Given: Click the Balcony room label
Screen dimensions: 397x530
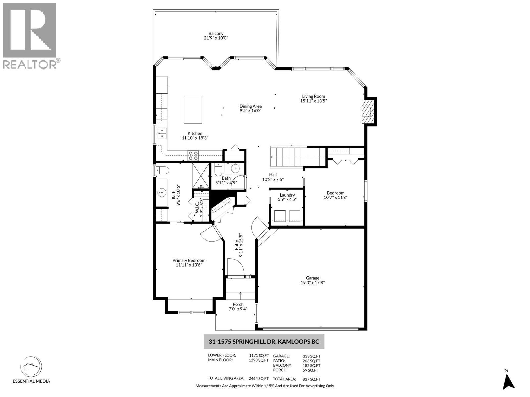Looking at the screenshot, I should (216, 33).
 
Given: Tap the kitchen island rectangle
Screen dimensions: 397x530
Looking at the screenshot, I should (193, 110).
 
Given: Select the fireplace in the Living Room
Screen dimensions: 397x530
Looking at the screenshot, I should (367, 111).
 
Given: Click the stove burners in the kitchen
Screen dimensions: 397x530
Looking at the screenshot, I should (193, 155).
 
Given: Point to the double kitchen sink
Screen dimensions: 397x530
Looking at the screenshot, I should (162, 133).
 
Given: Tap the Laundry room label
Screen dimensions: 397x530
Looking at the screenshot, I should (287, 195).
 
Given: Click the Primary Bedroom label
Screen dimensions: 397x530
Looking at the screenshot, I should (189, 260).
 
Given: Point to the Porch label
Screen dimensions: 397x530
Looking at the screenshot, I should (238, 304).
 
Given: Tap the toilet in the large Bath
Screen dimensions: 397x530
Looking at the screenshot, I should (163, 170).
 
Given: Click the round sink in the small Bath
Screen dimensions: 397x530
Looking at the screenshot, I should (235, 169).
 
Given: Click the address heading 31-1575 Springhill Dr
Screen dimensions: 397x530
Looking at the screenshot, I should (264, 342).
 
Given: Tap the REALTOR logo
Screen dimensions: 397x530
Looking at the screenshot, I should (29, 35).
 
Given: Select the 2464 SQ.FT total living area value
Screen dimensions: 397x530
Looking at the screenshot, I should (259, 379).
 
